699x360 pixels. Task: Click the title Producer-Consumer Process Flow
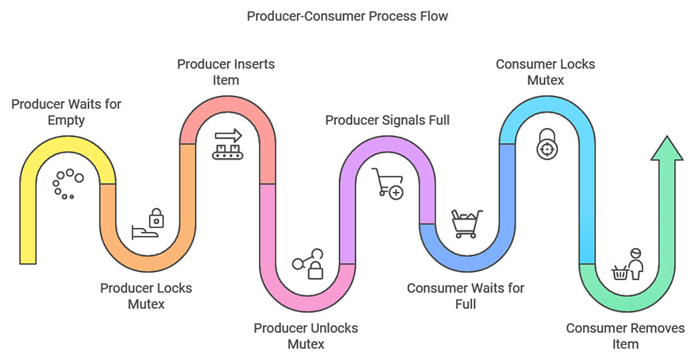[349, 16]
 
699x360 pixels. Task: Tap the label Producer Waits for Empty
[66, 112]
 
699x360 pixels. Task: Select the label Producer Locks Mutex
[146, 295]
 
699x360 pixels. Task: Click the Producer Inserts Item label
[226, 71]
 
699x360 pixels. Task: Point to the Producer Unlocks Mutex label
[306, 335]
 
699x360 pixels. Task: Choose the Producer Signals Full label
[388, 120]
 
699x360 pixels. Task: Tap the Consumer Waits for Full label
[465, 295]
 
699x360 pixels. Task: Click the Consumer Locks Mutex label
[545, 71]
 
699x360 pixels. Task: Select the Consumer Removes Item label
[625, 335]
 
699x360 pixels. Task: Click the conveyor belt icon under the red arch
[226, 144]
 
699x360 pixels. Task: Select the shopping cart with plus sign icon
[386, 183]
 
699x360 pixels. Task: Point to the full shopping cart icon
[465, 223]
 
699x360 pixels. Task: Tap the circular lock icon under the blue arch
[546, 145]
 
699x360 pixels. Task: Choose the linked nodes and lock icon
[307, 265]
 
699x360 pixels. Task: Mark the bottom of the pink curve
[307, 305]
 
